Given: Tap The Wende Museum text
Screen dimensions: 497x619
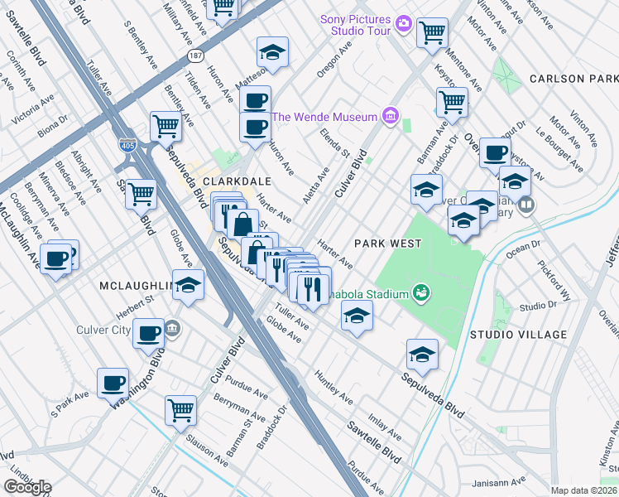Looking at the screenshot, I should (x=324, y=117).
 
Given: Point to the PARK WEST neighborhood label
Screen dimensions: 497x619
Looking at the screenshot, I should (x=387, y=244).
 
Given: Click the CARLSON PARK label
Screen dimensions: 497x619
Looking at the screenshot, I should (x=571, y=79).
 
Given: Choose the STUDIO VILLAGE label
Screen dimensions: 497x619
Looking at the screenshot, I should (x=518, y=335).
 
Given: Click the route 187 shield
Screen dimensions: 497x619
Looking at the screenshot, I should (x=194, y=56).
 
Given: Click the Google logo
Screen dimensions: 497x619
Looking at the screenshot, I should (x=26, y=486).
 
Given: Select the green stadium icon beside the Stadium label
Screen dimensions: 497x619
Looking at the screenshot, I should (x=421, y=292).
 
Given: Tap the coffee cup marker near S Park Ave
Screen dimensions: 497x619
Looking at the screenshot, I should (x=113, y=383).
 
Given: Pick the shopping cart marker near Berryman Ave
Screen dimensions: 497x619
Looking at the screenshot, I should (x=181, y=408).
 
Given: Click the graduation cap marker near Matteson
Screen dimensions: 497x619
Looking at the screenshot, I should (x=271, y=51).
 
